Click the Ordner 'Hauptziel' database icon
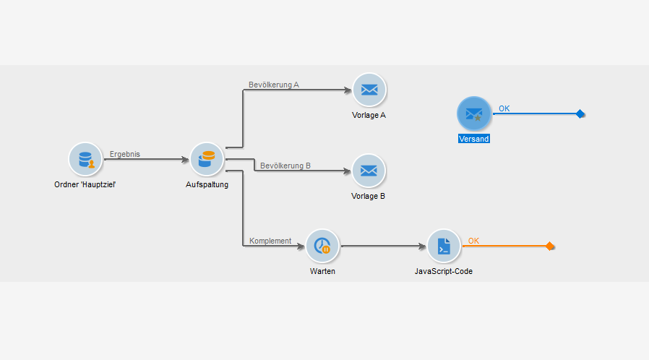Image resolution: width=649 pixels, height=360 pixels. [x=85, y=159]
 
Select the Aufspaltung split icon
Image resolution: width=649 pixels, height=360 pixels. [x=207, y=159]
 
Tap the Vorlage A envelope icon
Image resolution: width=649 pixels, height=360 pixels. [x=369, y=90]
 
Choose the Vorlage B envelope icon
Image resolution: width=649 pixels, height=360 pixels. [x=369, y=171]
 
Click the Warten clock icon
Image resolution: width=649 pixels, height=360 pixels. [x=322, y=247]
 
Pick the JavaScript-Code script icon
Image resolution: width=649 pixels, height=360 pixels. [x=444, y=247]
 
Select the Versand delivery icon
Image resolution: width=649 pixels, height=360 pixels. [x=474, y=113]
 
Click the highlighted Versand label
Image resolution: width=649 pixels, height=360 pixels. [x=474, y=139]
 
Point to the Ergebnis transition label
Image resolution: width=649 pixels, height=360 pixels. [x=125, y=154]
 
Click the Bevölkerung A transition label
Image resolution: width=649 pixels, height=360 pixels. [x=274, y=85]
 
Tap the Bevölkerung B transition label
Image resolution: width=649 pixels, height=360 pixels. [x=285, y=166]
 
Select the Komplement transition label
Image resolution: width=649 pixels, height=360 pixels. [x=270, y=241]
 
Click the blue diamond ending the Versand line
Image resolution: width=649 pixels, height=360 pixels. [x=580, y=113]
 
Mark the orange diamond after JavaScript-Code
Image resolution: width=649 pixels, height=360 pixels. [x=550, y=247]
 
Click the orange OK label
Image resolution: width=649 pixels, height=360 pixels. [x=473, y=241]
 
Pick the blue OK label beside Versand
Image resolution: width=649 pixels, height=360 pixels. [x=504, y=108]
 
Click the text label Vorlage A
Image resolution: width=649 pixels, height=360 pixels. [x=369, y=115]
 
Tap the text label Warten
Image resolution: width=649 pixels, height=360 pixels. [x=322, y=271]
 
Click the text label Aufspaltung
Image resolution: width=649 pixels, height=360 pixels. [x=207, y=184]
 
